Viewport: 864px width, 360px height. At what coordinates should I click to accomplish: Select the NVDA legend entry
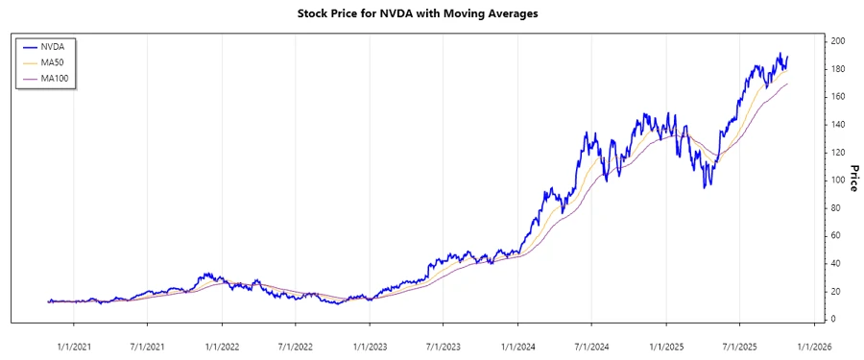coord(52,45)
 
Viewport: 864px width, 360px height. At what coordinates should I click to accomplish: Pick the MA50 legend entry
coord(53,61)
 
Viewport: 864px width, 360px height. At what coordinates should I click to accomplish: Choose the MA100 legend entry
coord(56,78)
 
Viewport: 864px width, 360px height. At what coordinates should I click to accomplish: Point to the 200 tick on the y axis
coord(838,41)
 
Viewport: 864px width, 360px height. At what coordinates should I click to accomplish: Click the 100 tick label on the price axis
coord(838,180)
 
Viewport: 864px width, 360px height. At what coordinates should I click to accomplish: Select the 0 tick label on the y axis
coord(833,319)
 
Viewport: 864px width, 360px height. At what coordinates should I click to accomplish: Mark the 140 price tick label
coord(838,125)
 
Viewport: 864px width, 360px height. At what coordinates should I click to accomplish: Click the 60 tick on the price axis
coord(836,235)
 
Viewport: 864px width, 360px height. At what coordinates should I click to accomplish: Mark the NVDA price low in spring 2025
coord(706,187)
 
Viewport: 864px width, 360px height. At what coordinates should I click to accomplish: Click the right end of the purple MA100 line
coord(788,84)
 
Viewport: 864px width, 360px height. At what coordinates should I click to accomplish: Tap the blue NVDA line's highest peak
coord(780,54)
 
